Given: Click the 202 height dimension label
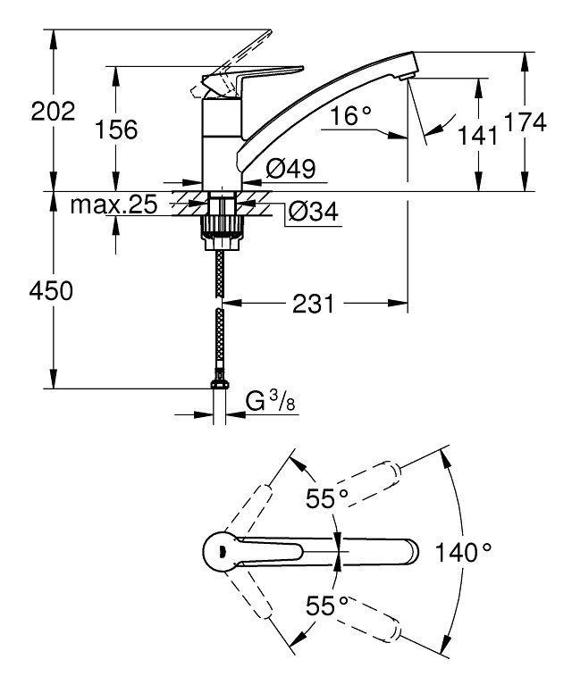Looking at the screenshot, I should coord(53,112).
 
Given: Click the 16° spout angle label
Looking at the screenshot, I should coord(349,115).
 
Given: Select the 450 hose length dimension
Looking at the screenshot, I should coord(52,290).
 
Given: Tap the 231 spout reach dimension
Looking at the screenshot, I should coord(313,305).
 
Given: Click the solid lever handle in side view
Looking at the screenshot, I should coord(259,75).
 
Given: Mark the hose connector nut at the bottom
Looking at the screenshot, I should coord(217,384).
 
